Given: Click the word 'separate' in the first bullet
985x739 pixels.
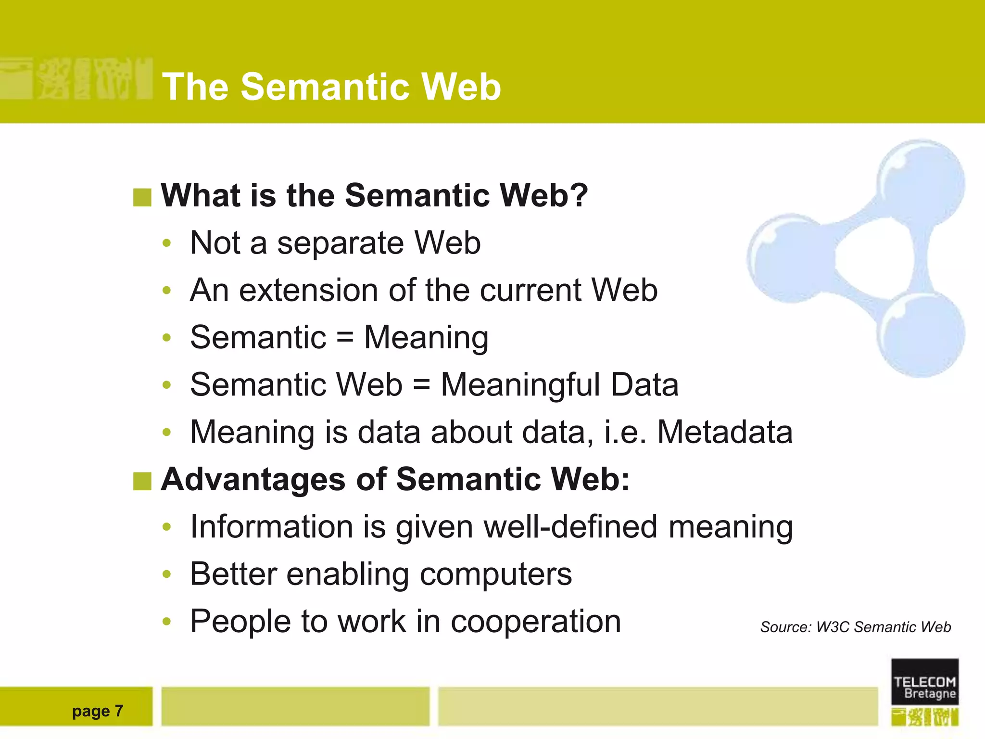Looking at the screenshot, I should point(340,243).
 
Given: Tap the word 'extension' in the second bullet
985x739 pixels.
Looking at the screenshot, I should point(308,290).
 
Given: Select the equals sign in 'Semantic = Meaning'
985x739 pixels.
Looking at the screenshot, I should point(345,337).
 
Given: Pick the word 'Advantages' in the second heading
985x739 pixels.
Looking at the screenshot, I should point(253,479).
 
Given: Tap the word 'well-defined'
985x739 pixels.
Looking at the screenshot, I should point(570,526).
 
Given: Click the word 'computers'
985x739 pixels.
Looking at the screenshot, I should point(496,574).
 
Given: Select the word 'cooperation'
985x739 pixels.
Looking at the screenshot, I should point(535,621).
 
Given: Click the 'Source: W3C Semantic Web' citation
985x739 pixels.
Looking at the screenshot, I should point(855,627).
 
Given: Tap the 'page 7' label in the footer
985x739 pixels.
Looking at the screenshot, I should point(98,711).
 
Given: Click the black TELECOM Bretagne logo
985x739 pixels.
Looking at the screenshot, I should point(924,682).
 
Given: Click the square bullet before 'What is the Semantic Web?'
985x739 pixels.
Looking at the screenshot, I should point(142,197).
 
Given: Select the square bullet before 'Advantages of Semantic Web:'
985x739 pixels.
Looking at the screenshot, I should point(142,481).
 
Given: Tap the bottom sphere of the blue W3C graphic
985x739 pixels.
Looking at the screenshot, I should point(921,334).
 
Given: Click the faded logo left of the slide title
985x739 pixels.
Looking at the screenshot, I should point(77,78).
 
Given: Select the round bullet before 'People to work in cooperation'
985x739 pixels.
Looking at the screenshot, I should point(166,621).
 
